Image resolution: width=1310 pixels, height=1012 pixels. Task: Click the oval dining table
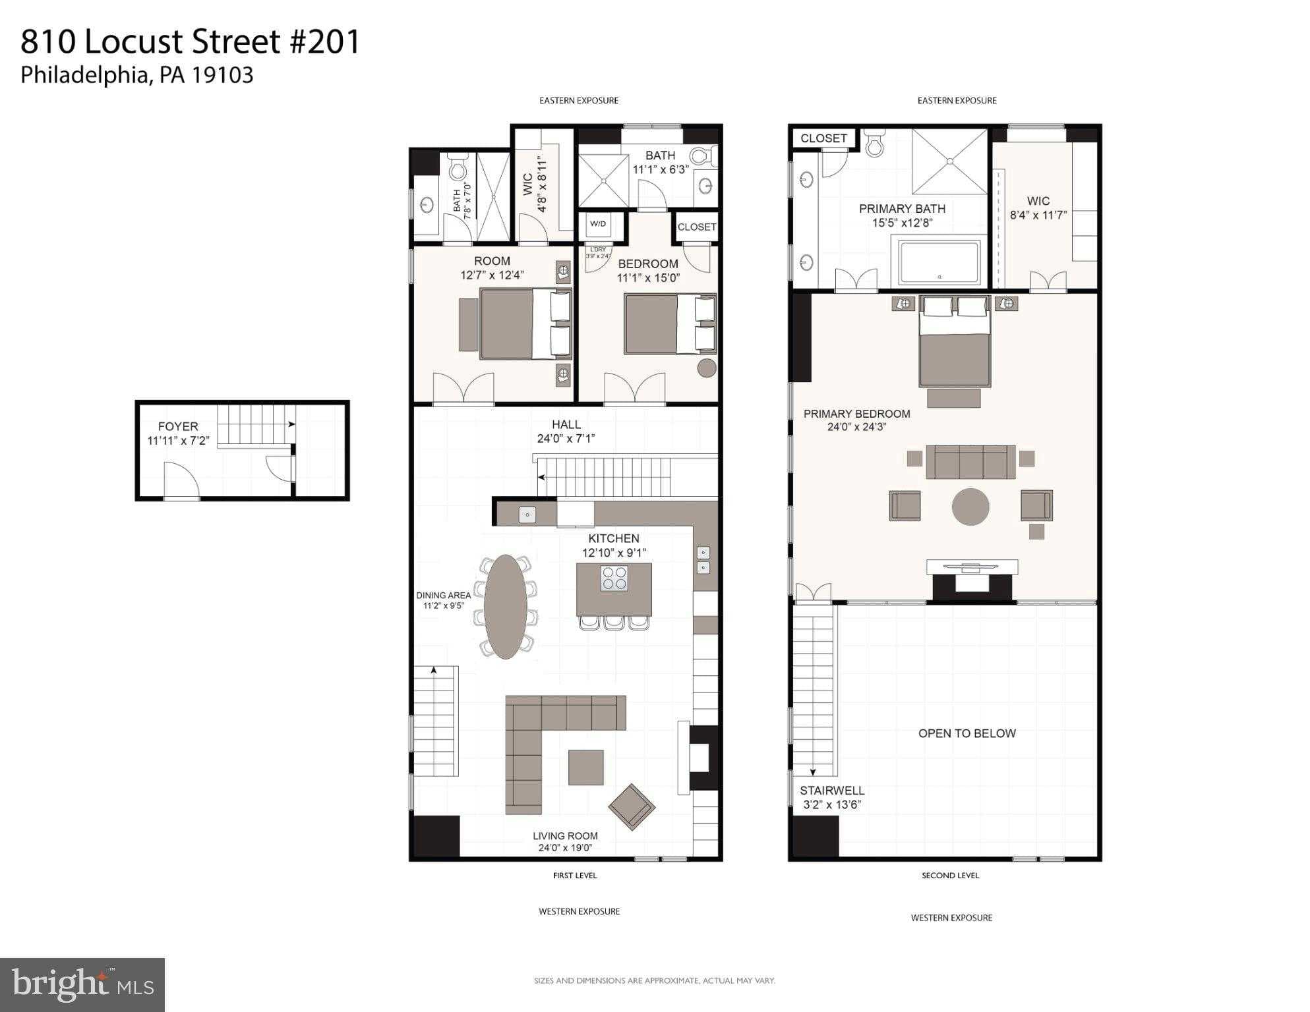505,607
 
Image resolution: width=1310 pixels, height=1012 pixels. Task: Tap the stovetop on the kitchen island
614,578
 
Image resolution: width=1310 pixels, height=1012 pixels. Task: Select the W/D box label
598,224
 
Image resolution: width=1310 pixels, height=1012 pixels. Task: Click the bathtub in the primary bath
939,262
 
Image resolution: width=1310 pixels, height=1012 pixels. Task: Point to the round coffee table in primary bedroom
970,507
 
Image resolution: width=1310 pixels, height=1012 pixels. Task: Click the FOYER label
178,426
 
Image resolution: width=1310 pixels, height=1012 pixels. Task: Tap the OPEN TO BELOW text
967,733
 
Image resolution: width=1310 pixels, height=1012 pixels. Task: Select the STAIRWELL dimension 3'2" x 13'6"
832,804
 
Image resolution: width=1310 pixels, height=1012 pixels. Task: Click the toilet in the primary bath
875,144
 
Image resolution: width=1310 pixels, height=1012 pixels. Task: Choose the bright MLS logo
82,984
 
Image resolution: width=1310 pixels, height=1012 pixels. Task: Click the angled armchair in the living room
632,806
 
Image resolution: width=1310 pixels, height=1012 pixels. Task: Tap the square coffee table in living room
585,767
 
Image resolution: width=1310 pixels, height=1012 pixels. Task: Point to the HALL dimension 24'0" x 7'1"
566,438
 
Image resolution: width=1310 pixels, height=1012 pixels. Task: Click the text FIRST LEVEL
575,876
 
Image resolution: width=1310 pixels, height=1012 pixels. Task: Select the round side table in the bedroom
707,368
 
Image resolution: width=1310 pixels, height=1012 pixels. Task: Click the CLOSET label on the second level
823,138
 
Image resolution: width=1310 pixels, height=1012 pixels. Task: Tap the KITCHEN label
614,538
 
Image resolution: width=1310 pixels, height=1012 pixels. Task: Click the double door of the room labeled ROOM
463,389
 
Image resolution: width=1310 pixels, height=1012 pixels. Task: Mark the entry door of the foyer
181,481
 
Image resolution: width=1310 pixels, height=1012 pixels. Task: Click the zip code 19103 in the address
222,75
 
